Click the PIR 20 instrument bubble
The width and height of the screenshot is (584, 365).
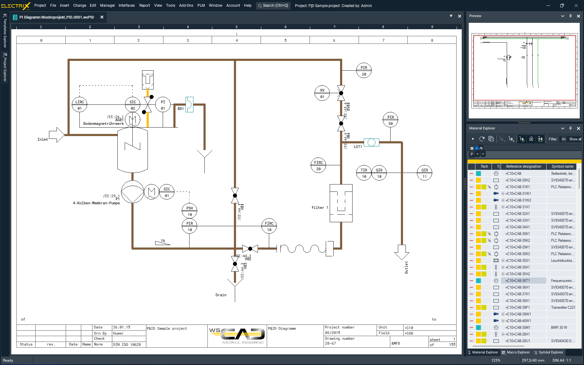tap(364, 71)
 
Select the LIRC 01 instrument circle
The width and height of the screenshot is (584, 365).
tap(79, 105)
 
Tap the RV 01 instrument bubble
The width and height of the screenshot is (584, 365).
tap(322, 93)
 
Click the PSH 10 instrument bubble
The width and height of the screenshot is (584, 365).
tap(189, 211)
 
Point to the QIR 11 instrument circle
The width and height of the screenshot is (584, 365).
tap(425, 173)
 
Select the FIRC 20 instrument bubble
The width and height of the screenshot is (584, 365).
tap(318, 165)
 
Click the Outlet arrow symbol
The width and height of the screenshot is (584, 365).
tap(401, 252)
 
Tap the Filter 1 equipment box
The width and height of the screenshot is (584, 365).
tap(341, 203)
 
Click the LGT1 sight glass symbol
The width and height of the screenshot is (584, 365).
tap(371, 142)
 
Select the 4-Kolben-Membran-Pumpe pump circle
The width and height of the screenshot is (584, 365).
tap(133, 192)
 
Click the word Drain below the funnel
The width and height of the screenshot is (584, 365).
tap(221, 295)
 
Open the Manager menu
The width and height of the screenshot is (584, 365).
tap(107, 5)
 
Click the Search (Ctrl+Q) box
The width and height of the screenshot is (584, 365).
tap(273, 5)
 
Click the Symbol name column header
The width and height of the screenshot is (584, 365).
tap(562, 167)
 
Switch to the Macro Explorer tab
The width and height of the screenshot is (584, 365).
tap(516, 352)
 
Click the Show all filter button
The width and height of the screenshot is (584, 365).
tap(575, 139)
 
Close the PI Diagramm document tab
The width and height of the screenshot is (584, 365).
tap(102, 17)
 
